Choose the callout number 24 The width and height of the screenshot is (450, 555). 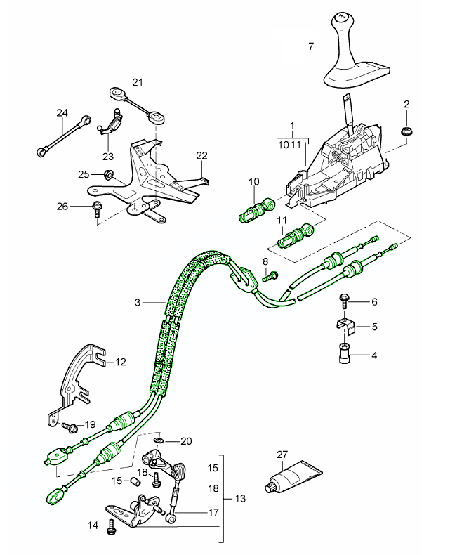point(62,112)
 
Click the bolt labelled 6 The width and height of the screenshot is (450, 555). point(345,301)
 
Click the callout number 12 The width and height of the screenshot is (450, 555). point(120,363)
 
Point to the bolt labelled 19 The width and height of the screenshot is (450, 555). point(70,426)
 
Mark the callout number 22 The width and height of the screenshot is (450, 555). point(202,155)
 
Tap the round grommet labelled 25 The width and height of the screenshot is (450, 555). point(109,174)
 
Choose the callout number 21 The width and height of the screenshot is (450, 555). point(138,82)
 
